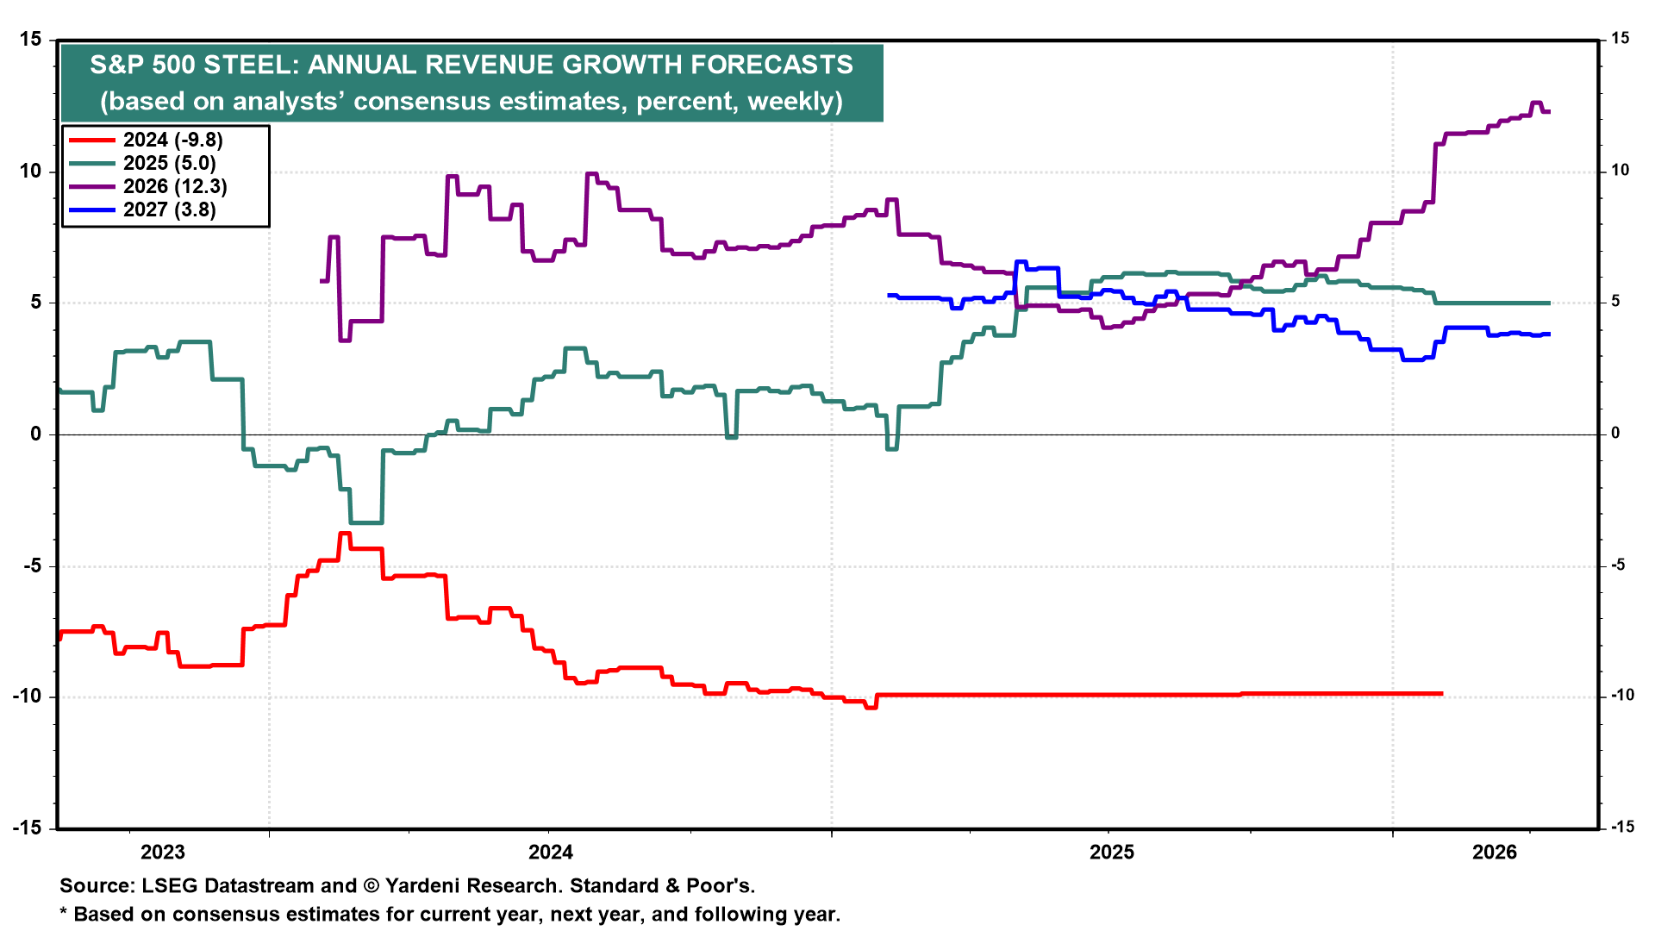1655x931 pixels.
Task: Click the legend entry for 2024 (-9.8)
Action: (x=172, y=141)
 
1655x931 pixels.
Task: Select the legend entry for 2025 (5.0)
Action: (x=169, y=164)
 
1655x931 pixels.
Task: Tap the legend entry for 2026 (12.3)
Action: (x=175, y=187)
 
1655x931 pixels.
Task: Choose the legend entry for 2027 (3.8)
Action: (x=169, y=210)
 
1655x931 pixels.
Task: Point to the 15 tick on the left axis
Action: (x=30, y=40)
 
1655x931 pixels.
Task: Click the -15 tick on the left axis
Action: (x=27, y=828)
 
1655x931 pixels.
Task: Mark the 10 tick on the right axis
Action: (x=1621, y=171)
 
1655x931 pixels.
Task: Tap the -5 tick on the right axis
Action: (x=1618, y=565)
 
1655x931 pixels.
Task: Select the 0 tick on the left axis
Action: (x=35, y=434)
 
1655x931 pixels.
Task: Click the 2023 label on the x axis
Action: (x=162, y=853)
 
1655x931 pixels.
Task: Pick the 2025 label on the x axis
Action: (x=1112, y=853)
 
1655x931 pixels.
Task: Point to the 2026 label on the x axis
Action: (x=1494, y=853)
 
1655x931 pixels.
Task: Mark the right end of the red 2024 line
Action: (x=1442, y=694)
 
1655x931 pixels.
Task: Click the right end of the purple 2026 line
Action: (x=1549, y=111)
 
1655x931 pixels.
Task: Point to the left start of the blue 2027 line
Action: (x=889, y=296)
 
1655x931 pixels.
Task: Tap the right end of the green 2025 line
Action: (x=1549, y=303)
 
